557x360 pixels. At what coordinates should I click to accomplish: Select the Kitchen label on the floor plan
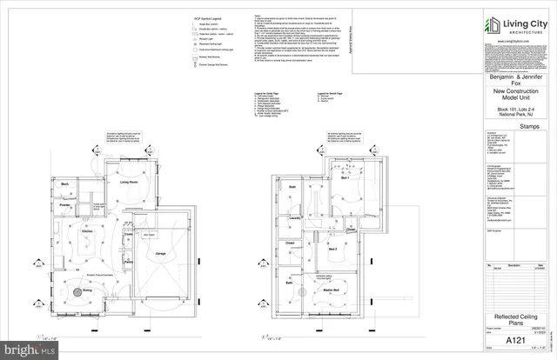[x=87, y=233]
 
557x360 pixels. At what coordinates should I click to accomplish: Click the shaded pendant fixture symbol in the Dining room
[x=76, y=294]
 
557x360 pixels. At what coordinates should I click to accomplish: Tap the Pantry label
[x=128, y=261]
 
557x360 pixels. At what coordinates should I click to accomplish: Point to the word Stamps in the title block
[x=507, y=126]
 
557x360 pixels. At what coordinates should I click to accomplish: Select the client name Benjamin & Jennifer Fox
[x=507, y=81]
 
